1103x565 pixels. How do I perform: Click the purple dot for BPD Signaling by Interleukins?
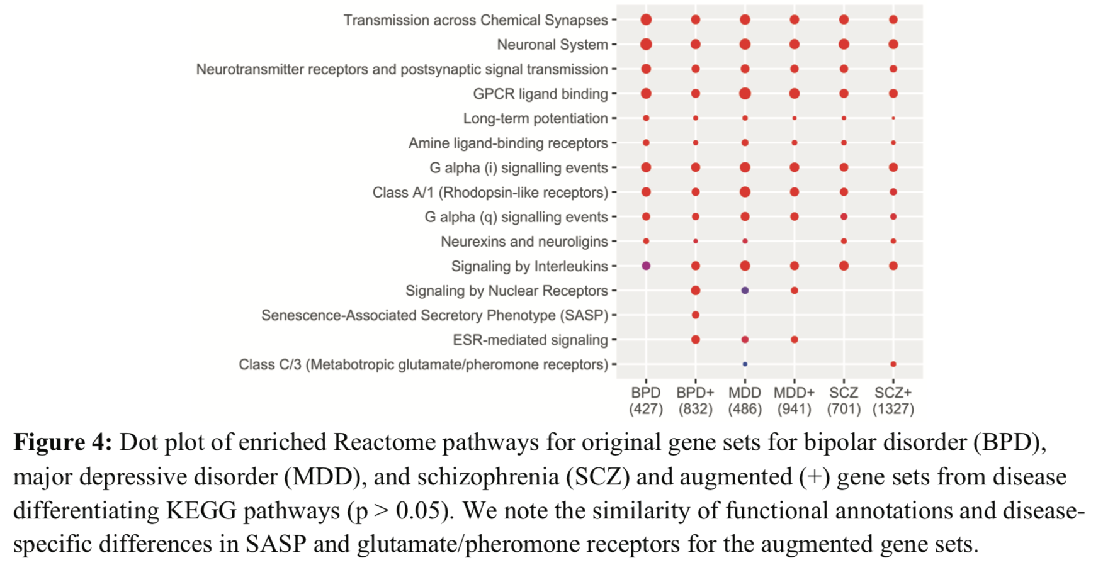[646, 266]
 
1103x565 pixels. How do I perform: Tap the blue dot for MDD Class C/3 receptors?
[745, 364]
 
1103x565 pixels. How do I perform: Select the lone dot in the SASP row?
[695, 315]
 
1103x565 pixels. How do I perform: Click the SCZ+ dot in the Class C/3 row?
[893, 364]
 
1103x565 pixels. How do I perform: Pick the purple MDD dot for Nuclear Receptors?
[745, 291]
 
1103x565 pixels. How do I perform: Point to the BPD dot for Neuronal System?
[646, 44]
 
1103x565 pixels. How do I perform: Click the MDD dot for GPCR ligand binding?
[745, 94]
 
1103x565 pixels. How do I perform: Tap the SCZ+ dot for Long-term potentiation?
[893, 118]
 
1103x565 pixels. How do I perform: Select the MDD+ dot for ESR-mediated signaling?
[795, 340]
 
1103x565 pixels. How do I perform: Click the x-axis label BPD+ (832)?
[695, 401]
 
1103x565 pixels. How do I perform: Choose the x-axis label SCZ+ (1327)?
[893, 401]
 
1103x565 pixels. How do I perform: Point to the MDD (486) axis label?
[745, 401]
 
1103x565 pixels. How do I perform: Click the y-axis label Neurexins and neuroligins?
[524, 242]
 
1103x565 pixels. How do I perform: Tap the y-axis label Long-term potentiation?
[535, 118]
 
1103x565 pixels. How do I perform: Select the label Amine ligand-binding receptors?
[508, 143]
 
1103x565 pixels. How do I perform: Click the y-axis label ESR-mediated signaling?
[530, 340]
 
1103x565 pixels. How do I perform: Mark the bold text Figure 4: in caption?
[62, 442]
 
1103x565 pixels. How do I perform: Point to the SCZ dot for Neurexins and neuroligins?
[844, 242]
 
